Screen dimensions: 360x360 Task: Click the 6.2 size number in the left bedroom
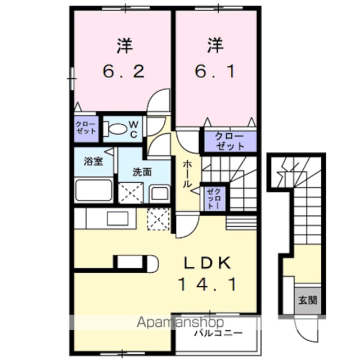point(124,71)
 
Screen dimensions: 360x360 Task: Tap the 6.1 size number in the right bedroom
point(215,71)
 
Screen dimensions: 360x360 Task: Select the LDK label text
point(208,263)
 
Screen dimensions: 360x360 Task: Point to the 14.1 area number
point(208,285)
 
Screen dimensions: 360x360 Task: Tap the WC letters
point(134,129)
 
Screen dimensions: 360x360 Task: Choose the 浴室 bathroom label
point(93,161)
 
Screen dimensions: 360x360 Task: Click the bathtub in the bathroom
point(94,190)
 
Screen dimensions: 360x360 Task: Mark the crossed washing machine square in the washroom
point(130,193)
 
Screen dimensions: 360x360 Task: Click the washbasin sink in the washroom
point(159,193)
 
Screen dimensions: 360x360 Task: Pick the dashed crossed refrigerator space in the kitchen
point(159,219)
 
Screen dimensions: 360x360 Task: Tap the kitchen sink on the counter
point(118,218)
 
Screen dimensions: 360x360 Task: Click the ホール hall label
point(187,174)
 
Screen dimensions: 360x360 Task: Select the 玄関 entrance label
point(308,300)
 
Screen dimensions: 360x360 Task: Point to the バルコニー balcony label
point(218,333)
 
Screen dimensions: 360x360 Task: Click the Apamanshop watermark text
point(180,322)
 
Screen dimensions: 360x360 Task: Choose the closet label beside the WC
point(86,128)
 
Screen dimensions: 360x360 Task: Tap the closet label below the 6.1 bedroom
point(229,141)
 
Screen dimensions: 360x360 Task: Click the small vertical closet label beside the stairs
point(214,198)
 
